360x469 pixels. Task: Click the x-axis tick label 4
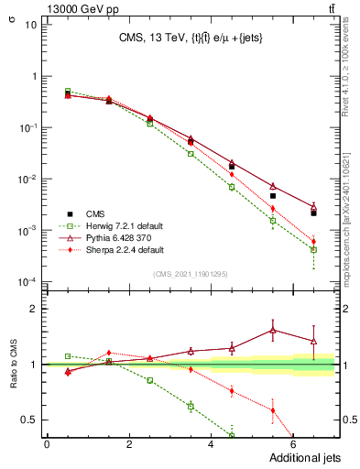[211, 444]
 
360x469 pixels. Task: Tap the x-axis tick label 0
[47, 444]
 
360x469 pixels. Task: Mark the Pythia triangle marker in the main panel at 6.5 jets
[313, 207]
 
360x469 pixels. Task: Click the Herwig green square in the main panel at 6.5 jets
[313, 249]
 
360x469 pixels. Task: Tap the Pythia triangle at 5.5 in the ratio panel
[272, 330]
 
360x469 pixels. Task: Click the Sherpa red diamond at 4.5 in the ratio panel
[231, 391]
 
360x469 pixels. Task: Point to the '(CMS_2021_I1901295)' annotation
[191, 274]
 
